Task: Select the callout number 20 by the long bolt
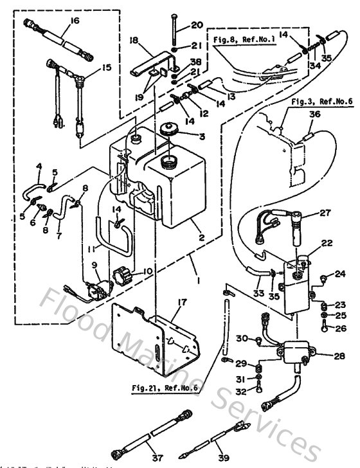tap(197, 26)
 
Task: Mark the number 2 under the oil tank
tap(201, 237)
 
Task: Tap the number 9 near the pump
tap(95, 265)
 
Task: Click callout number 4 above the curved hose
tap(39, 166)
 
